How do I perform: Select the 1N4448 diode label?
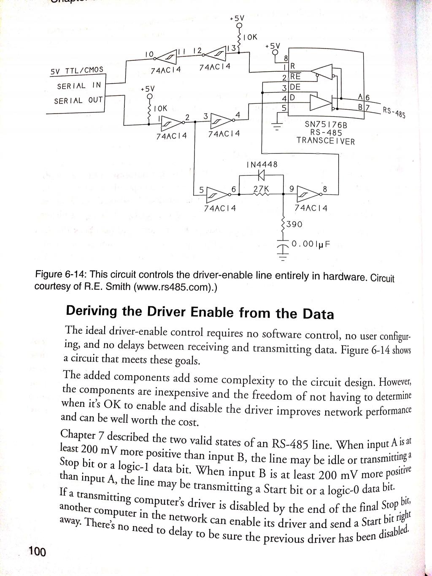pos(262,164)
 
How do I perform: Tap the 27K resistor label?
pos(262,188)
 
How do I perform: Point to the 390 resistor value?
pos(294,224)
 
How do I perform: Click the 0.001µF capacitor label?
pos(310,244)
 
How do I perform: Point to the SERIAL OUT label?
pos(78,101)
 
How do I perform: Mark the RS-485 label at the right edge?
pos(394,112)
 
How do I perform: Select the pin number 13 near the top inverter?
pos(232,49)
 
